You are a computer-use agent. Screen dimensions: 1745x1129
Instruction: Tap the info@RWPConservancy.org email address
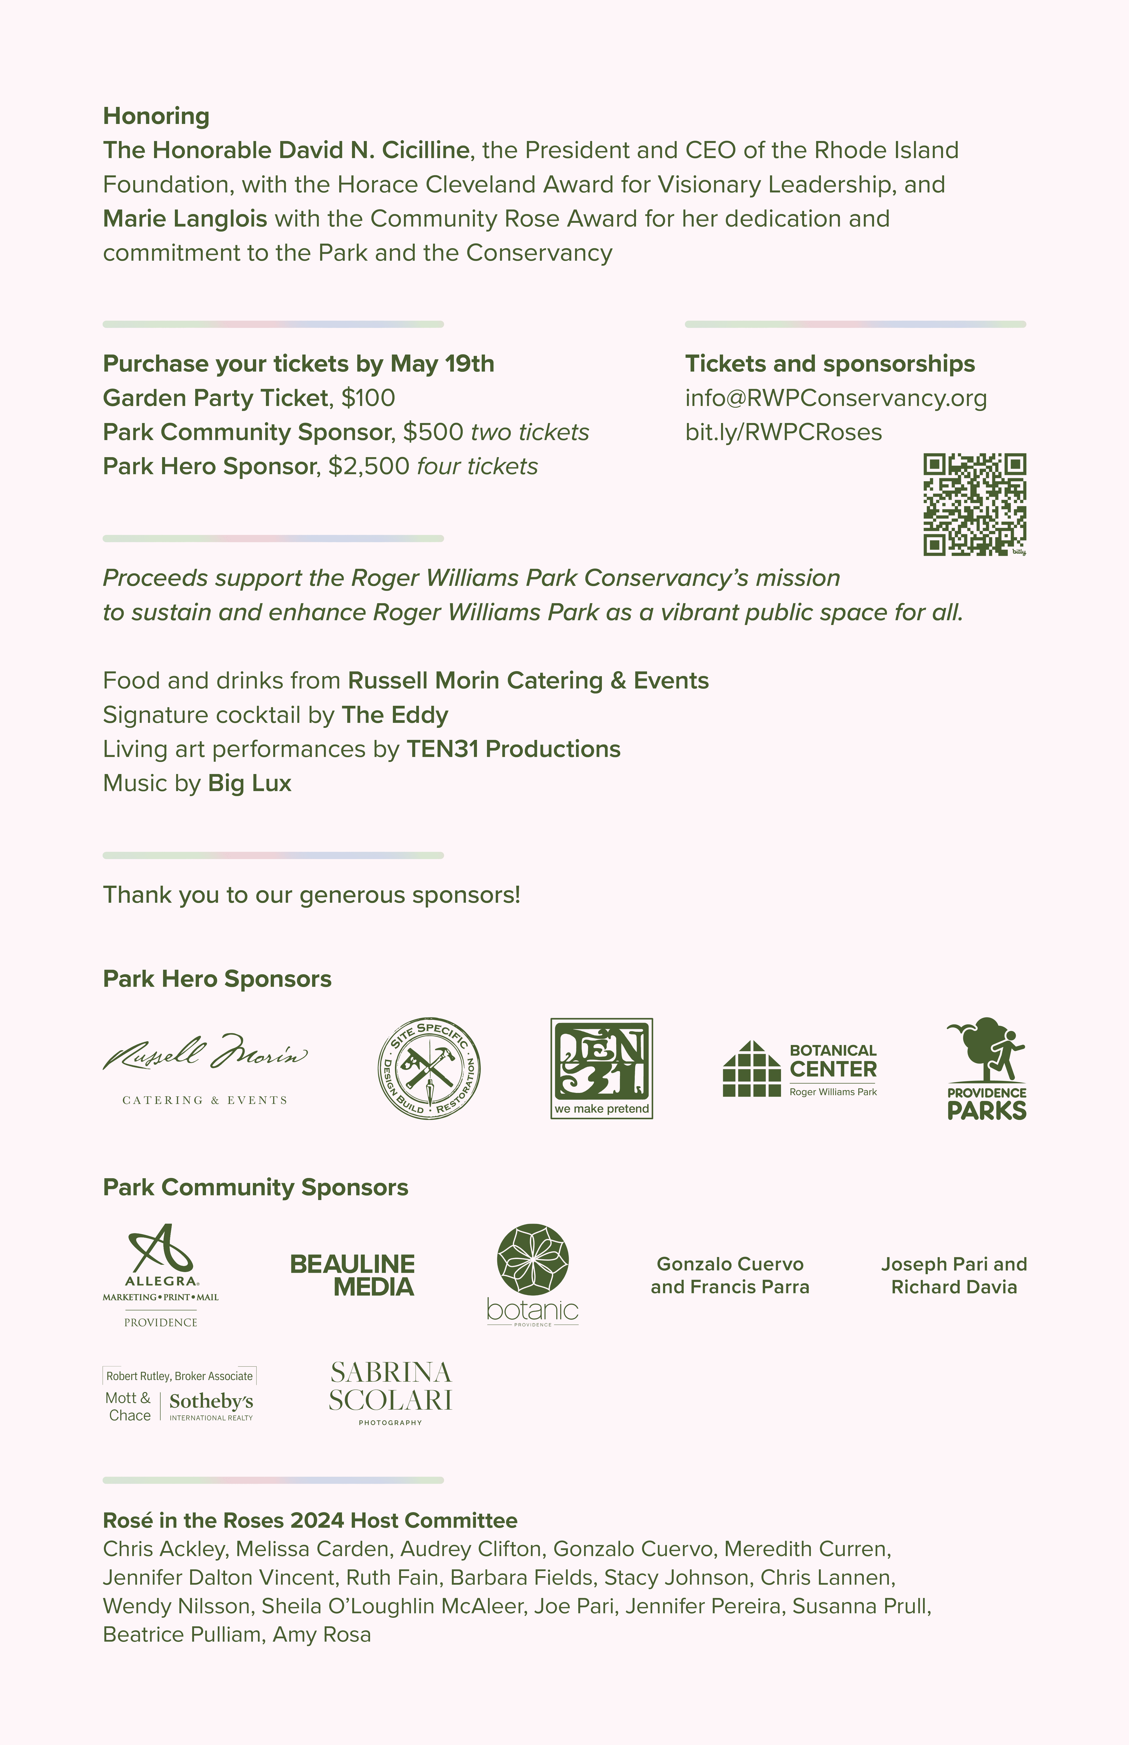(836, 398)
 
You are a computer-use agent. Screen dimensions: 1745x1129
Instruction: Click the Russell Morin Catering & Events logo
(205, 1068)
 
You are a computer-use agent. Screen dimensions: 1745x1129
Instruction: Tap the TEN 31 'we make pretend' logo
(601, 1068)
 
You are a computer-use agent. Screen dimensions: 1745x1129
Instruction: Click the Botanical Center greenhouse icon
(751, 1069)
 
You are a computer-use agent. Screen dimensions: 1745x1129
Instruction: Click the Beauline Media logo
(353, 1275)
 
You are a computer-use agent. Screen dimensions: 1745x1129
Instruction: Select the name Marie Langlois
(185, 219)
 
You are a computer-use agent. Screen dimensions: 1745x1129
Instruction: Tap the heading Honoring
(156, 116)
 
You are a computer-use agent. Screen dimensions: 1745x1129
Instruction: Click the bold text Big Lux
(249, 783)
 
